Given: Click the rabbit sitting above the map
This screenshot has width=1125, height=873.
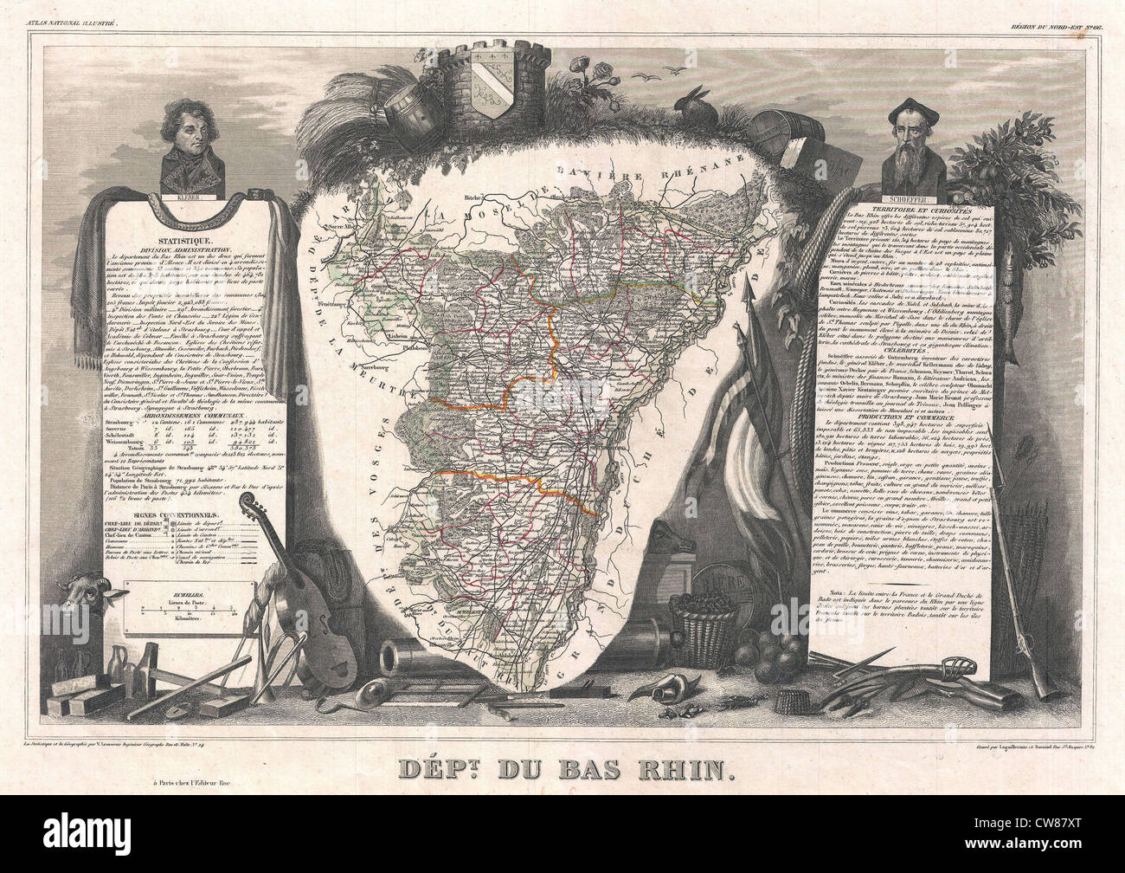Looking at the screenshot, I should click(694, 101).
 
